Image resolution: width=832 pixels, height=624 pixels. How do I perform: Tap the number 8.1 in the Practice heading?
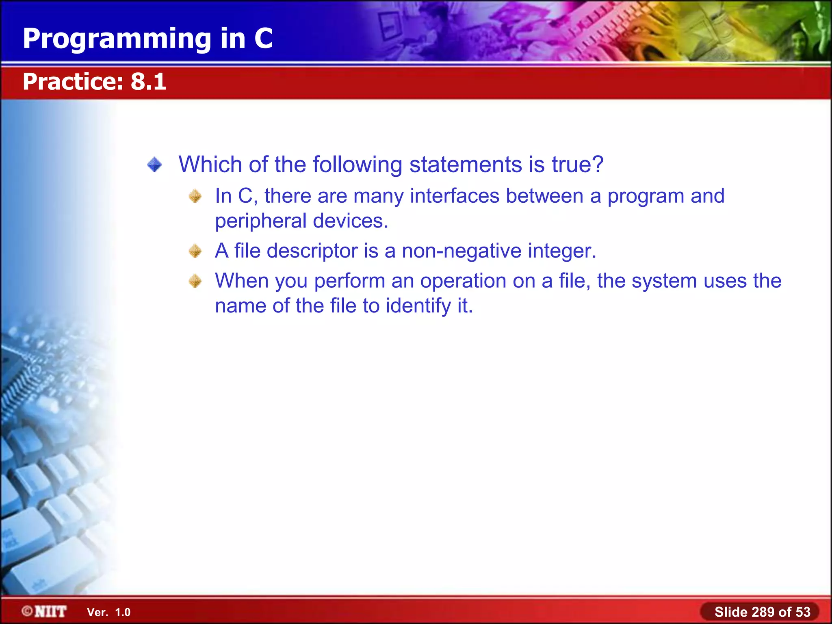[148, 82]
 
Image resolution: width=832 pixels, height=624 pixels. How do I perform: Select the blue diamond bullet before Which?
[154, 165]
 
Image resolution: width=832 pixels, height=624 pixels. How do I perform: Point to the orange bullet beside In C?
[195, 196]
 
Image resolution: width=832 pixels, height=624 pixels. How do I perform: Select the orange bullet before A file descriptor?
[195, 251]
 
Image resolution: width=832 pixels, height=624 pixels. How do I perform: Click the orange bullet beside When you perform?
[195, 281]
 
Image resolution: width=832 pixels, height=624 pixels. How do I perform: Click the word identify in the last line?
[418, 306]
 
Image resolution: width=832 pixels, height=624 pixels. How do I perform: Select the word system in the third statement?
[664, 281]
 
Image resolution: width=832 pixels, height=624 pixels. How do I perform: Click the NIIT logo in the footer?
[45, 611]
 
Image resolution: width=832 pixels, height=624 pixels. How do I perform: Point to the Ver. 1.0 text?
[108, 612]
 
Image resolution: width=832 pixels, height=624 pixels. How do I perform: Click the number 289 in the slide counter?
[763, 612]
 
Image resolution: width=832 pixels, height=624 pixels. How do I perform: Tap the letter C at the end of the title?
[263, 39]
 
